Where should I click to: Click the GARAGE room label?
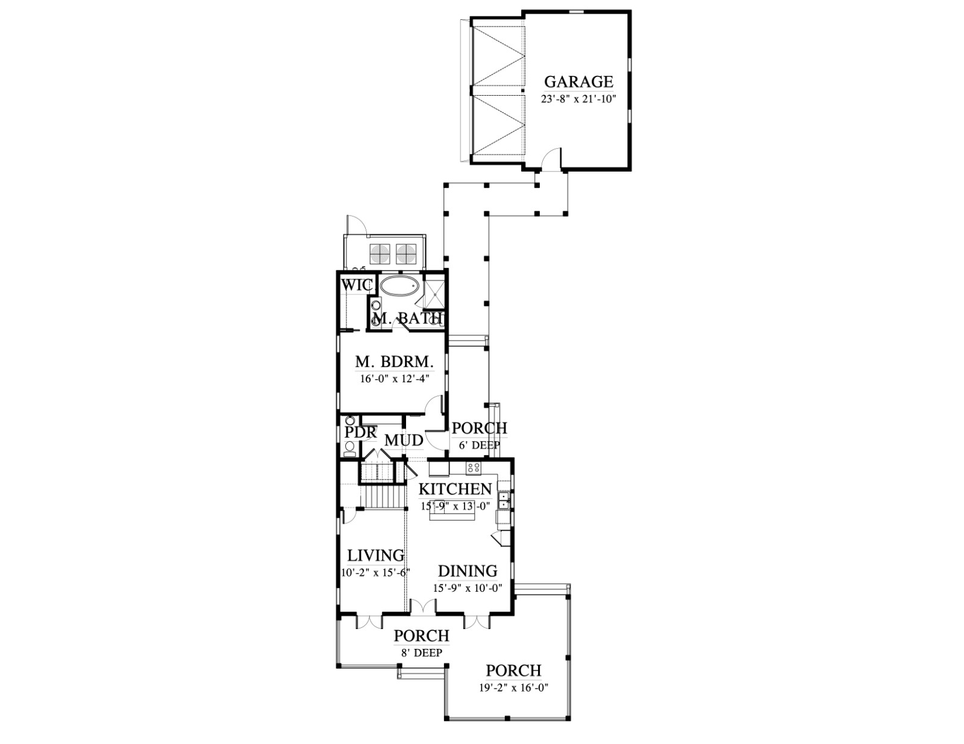coord(578,81)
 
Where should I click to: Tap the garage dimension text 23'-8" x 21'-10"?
coord(578,99)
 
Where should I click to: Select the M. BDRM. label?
coord(394,362)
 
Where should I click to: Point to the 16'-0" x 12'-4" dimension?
coord(395,379)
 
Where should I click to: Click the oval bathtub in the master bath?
coord(399,287)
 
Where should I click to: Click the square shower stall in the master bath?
coord(434,293)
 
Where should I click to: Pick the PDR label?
coord(360,432)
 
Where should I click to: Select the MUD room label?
coord(403,440)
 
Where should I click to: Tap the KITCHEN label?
coord(455,489)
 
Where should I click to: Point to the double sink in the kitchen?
coord(504,500)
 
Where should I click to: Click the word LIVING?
coord(376,555)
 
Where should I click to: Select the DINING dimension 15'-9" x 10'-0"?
coord(467,588)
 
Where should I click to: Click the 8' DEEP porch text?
coord(421,653)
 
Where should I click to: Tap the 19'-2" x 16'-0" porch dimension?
coord(514,688)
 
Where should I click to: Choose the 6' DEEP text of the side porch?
coord(479,444)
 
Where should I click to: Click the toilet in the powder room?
coord(350,448)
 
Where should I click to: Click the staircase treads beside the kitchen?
coord(384,498)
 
